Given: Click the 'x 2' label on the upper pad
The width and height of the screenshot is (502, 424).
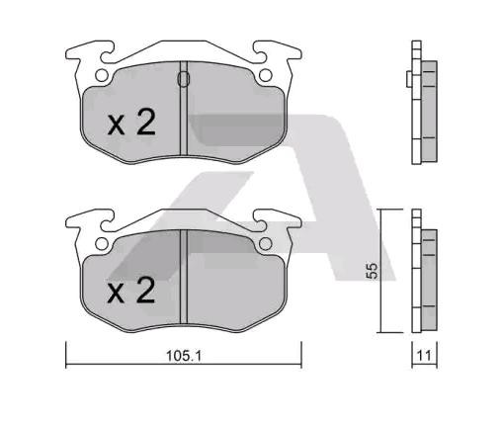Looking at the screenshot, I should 130,124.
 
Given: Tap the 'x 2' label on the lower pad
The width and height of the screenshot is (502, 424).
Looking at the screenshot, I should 130,291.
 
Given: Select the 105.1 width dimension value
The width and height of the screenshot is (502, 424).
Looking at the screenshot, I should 181,358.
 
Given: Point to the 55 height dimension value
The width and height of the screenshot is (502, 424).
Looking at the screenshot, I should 373,270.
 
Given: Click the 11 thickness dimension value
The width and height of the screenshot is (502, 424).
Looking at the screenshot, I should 423,358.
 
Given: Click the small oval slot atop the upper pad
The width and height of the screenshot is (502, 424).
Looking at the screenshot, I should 182,79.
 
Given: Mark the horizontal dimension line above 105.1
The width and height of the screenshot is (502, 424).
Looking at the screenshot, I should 182,367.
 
